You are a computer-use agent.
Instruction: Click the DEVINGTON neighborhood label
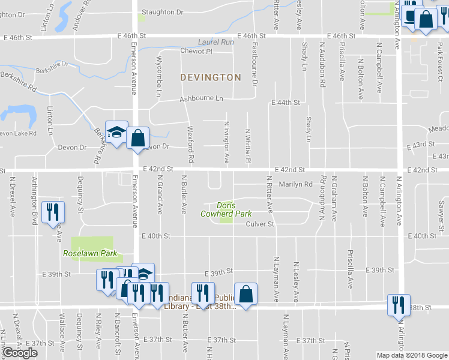tap(210, 77)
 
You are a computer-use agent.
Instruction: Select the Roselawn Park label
tap(90, 254)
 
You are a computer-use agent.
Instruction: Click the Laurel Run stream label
tap(216, 43)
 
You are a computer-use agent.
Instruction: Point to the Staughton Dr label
tap(162, 12)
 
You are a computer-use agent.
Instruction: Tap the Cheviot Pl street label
tap(196, 52)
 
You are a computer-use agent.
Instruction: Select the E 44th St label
tap(285, 103)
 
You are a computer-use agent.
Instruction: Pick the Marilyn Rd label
tap(295, 184)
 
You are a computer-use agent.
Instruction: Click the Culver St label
tap(260, 224)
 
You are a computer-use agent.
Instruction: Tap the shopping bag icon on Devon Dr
tap(137, 138)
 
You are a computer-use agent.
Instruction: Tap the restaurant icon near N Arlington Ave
tap(399, 304)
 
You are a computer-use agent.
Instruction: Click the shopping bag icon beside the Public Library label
tap(246, 294)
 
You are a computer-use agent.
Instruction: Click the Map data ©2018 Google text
tap(411, 355)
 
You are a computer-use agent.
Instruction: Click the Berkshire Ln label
tap(49, 68)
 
